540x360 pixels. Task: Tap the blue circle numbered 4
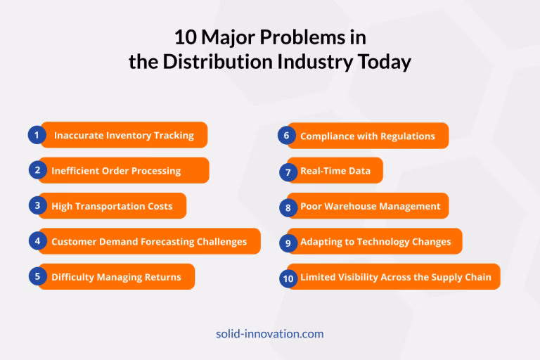pos(37,241)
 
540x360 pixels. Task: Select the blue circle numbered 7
pos(287,172)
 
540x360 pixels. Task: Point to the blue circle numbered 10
pos(287,278)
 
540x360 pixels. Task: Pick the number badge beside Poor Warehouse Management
pos(287,207)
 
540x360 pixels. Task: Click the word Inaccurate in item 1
pos(78,135)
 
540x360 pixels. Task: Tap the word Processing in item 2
pos(155,171)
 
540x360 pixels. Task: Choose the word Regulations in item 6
pos(408,136)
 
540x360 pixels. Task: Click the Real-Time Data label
pos(335,171)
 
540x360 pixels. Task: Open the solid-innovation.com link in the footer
pos(270,334)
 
